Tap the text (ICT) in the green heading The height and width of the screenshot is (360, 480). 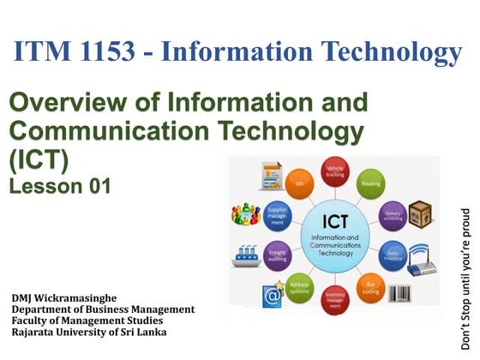(x=39, y=160)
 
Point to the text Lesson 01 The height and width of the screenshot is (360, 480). (x=60, y=185)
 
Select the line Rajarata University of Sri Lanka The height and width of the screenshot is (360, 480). (x=89, y=332)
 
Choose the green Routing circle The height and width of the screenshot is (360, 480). (x=371, y=183)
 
